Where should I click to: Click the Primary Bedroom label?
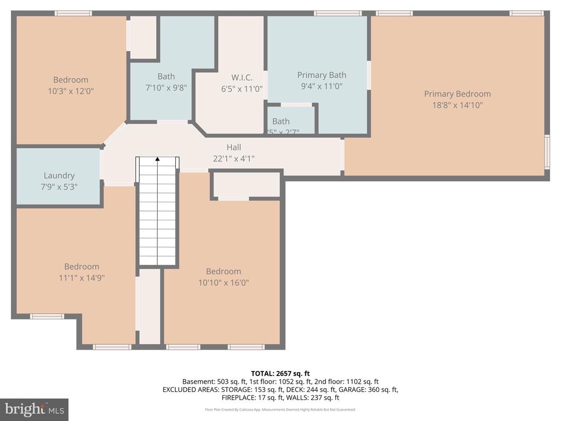457,94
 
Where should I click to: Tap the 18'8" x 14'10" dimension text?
457,105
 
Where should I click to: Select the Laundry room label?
59,175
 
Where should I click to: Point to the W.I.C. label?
242,77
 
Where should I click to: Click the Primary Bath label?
322,75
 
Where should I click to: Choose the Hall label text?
234,147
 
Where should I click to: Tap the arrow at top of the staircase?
158,160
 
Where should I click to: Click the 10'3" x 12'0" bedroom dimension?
71,91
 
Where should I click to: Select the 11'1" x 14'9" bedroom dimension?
82,278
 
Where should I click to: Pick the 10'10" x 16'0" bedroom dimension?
223,283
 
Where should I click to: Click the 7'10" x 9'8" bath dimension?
166,87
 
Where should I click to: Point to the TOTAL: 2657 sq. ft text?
280,373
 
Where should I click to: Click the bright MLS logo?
34,409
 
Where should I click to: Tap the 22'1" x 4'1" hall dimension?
234,158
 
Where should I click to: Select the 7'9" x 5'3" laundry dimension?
59,186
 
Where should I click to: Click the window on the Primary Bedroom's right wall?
547,151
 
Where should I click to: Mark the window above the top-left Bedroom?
73,13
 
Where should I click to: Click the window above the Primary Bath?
337,13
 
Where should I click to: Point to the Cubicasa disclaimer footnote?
280,409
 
